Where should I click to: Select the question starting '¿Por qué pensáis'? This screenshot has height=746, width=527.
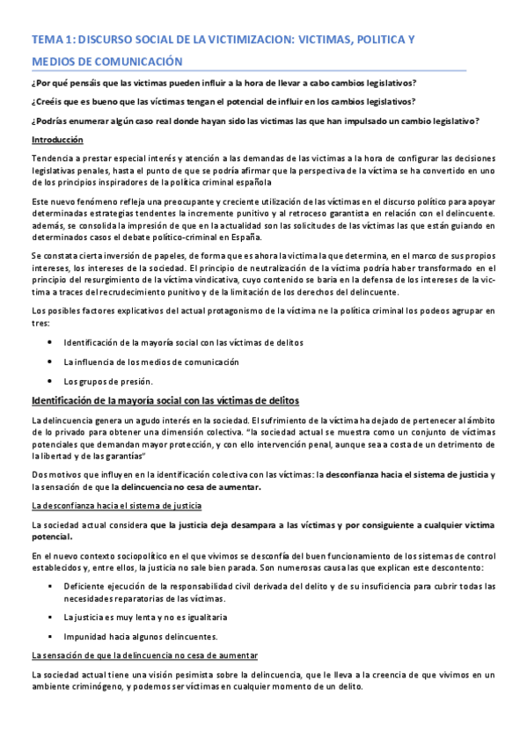pos(223,84)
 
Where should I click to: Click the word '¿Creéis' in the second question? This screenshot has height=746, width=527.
pos(49,102)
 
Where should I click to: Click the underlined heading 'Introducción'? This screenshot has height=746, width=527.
pos(57,140)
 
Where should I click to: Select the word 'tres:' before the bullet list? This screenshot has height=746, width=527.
pos(40,322)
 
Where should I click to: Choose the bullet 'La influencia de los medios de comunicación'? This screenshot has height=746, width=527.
pos(139,362)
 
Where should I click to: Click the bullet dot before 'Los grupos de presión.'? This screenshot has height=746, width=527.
pos(49,381)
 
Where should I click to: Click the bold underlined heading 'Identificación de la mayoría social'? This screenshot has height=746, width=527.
pos(165,400)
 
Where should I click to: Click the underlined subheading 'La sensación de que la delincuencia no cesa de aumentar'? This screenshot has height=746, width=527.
pos(144,655)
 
